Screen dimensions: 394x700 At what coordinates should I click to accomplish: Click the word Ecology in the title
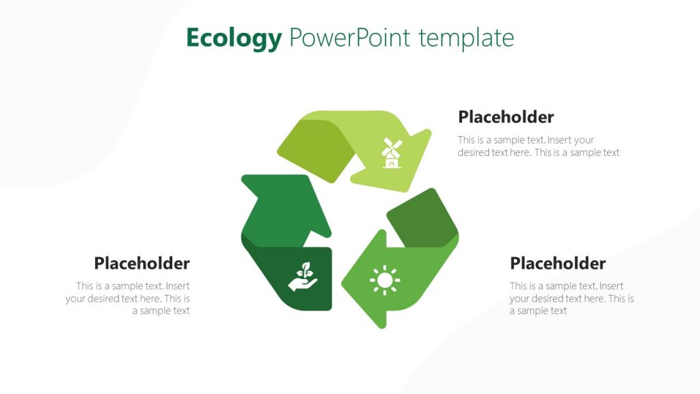(234, 38)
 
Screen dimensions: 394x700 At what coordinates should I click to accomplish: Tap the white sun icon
(385, 280)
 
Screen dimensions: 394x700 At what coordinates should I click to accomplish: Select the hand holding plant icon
(303, 277)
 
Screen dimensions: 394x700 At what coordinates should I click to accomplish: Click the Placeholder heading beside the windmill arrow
(506, 117)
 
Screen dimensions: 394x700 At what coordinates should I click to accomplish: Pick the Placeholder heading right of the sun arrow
(558, 263)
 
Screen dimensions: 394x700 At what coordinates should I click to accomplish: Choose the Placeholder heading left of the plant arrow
(142, 263)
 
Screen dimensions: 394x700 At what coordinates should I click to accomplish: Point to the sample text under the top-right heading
(539, 146)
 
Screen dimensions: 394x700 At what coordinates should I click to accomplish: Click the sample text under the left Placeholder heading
(129, 298)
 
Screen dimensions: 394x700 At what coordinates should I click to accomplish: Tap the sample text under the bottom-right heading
(571, 298)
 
